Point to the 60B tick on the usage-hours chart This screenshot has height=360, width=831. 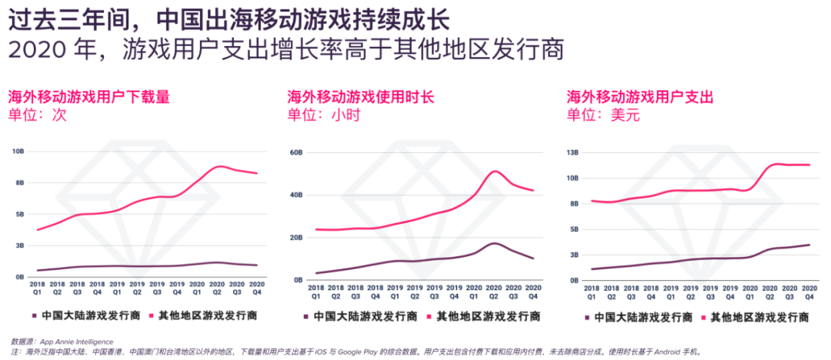pyautogui.click(x=295, y=152)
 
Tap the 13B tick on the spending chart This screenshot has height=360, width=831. pyautogui.click(x=572, y=152)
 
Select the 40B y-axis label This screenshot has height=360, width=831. pyautogui.click(x=295, y=195)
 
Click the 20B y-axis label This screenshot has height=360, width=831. pyautogui.click(x=295, y=238)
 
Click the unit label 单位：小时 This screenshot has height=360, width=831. pyautogui.click(x=323, y=115)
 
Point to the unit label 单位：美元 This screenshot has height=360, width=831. pyautogui.click(x=603, y=115)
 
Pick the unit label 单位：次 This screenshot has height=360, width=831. pyautogui.click(x=37, y=115)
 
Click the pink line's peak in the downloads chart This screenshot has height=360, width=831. pyautogui.click(x=222, y=166)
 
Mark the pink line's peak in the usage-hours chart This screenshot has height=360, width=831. pyautogui.click(x=495, y=171)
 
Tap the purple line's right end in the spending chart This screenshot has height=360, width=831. pyautogui.click(x=809, y=245)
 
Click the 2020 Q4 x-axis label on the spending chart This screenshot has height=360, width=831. pyautogui.click(x=809, y=291)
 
